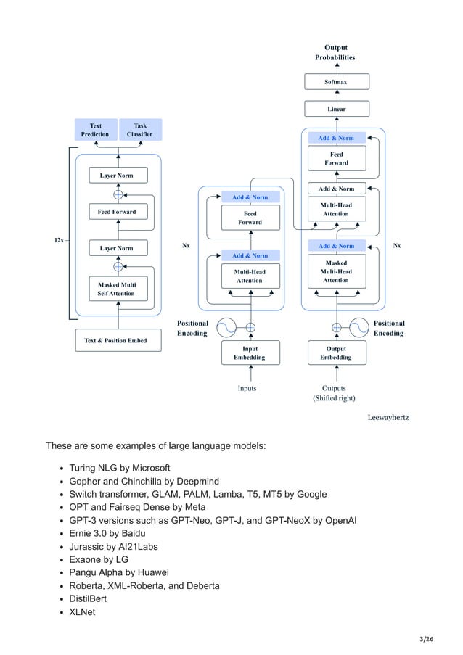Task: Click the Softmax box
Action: pos(336,82)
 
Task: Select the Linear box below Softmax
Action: pos(336,109)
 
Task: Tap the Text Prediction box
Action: pos(95,130)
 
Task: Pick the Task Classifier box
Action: pos(139,130)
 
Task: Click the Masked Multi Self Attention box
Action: pos(116,289)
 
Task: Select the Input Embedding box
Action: pos(250,353)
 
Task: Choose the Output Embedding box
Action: pos(336,353)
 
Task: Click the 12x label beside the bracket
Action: pos(58,240)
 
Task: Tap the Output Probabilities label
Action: pos(335,52)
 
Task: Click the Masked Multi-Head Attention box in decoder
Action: pos(336,271)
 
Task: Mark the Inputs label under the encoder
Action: pos(247,388)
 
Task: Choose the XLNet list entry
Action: pos(83,611)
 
